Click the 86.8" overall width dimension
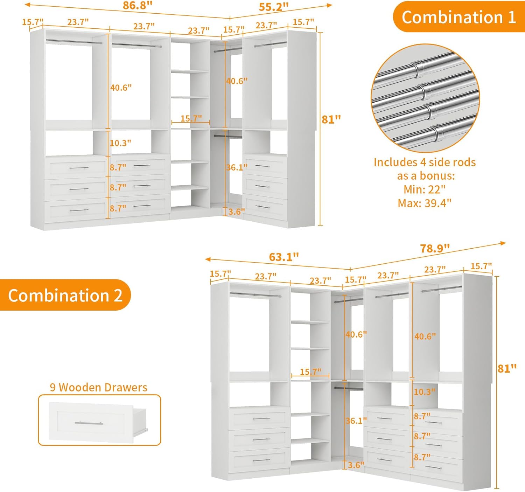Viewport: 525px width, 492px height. (x=138, y=6)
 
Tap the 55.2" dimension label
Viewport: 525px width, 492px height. (x=273, y=7)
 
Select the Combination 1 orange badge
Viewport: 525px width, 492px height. (x=458, y=17)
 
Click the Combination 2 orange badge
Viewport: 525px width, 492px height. (x=65, y=295)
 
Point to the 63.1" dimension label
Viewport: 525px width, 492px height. (x=284, y=257)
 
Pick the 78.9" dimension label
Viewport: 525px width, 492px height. (x=435, y=248)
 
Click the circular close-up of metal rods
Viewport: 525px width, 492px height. (x=425, y=98)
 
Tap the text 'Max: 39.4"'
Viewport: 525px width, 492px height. (x=425, y=203)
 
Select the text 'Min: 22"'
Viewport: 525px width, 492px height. (x=425, y=189)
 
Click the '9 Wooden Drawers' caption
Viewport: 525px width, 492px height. (x=98, y=387)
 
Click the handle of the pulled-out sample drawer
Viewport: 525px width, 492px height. (x=89, y=423)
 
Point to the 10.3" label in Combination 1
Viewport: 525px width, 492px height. (x=120, y=143)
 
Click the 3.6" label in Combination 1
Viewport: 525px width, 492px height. (x=237, y=212)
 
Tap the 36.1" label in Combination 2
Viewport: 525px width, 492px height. (x=356, y=421)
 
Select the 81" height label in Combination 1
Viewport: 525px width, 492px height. (x=331, y=119)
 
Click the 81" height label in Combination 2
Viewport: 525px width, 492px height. (x=507, y=368)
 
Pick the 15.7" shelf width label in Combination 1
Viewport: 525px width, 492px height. (x=191, y=118)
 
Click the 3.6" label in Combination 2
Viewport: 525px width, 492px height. (x=356, y=465)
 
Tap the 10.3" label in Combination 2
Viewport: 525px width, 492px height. (x=424, y=392)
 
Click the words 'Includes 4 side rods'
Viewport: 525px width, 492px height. (x=425, y=162)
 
